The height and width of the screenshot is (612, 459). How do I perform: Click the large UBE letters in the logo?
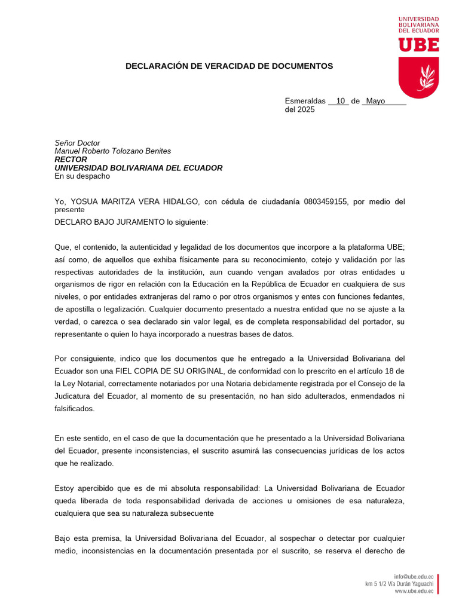click(419, 45)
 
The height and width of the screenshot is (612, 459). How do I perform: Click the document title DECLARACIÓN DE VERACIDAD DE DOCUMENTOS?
click(229, 66)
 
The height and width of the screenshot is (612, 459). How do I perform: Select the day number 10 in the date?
click(341, 101)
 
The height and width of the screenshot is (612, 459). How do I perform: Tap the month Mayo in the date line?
click(375, 101)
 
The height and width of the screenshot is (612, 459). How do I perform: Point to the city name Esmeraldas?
click(305, 101)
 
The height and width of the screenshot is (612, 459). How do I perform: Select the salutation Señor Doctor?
click(78, 143)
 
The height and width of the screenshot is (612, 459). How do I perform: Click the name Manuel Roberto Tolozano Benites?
click(113, 151)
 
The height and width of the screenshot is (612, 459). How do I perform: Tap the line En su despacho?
click(82, 176)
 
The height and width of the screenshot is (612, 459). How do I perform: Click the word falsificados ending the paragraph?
click(75, 409)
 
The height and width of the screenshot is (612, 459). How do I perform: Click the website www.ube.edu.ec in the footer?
click(414, 591)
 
